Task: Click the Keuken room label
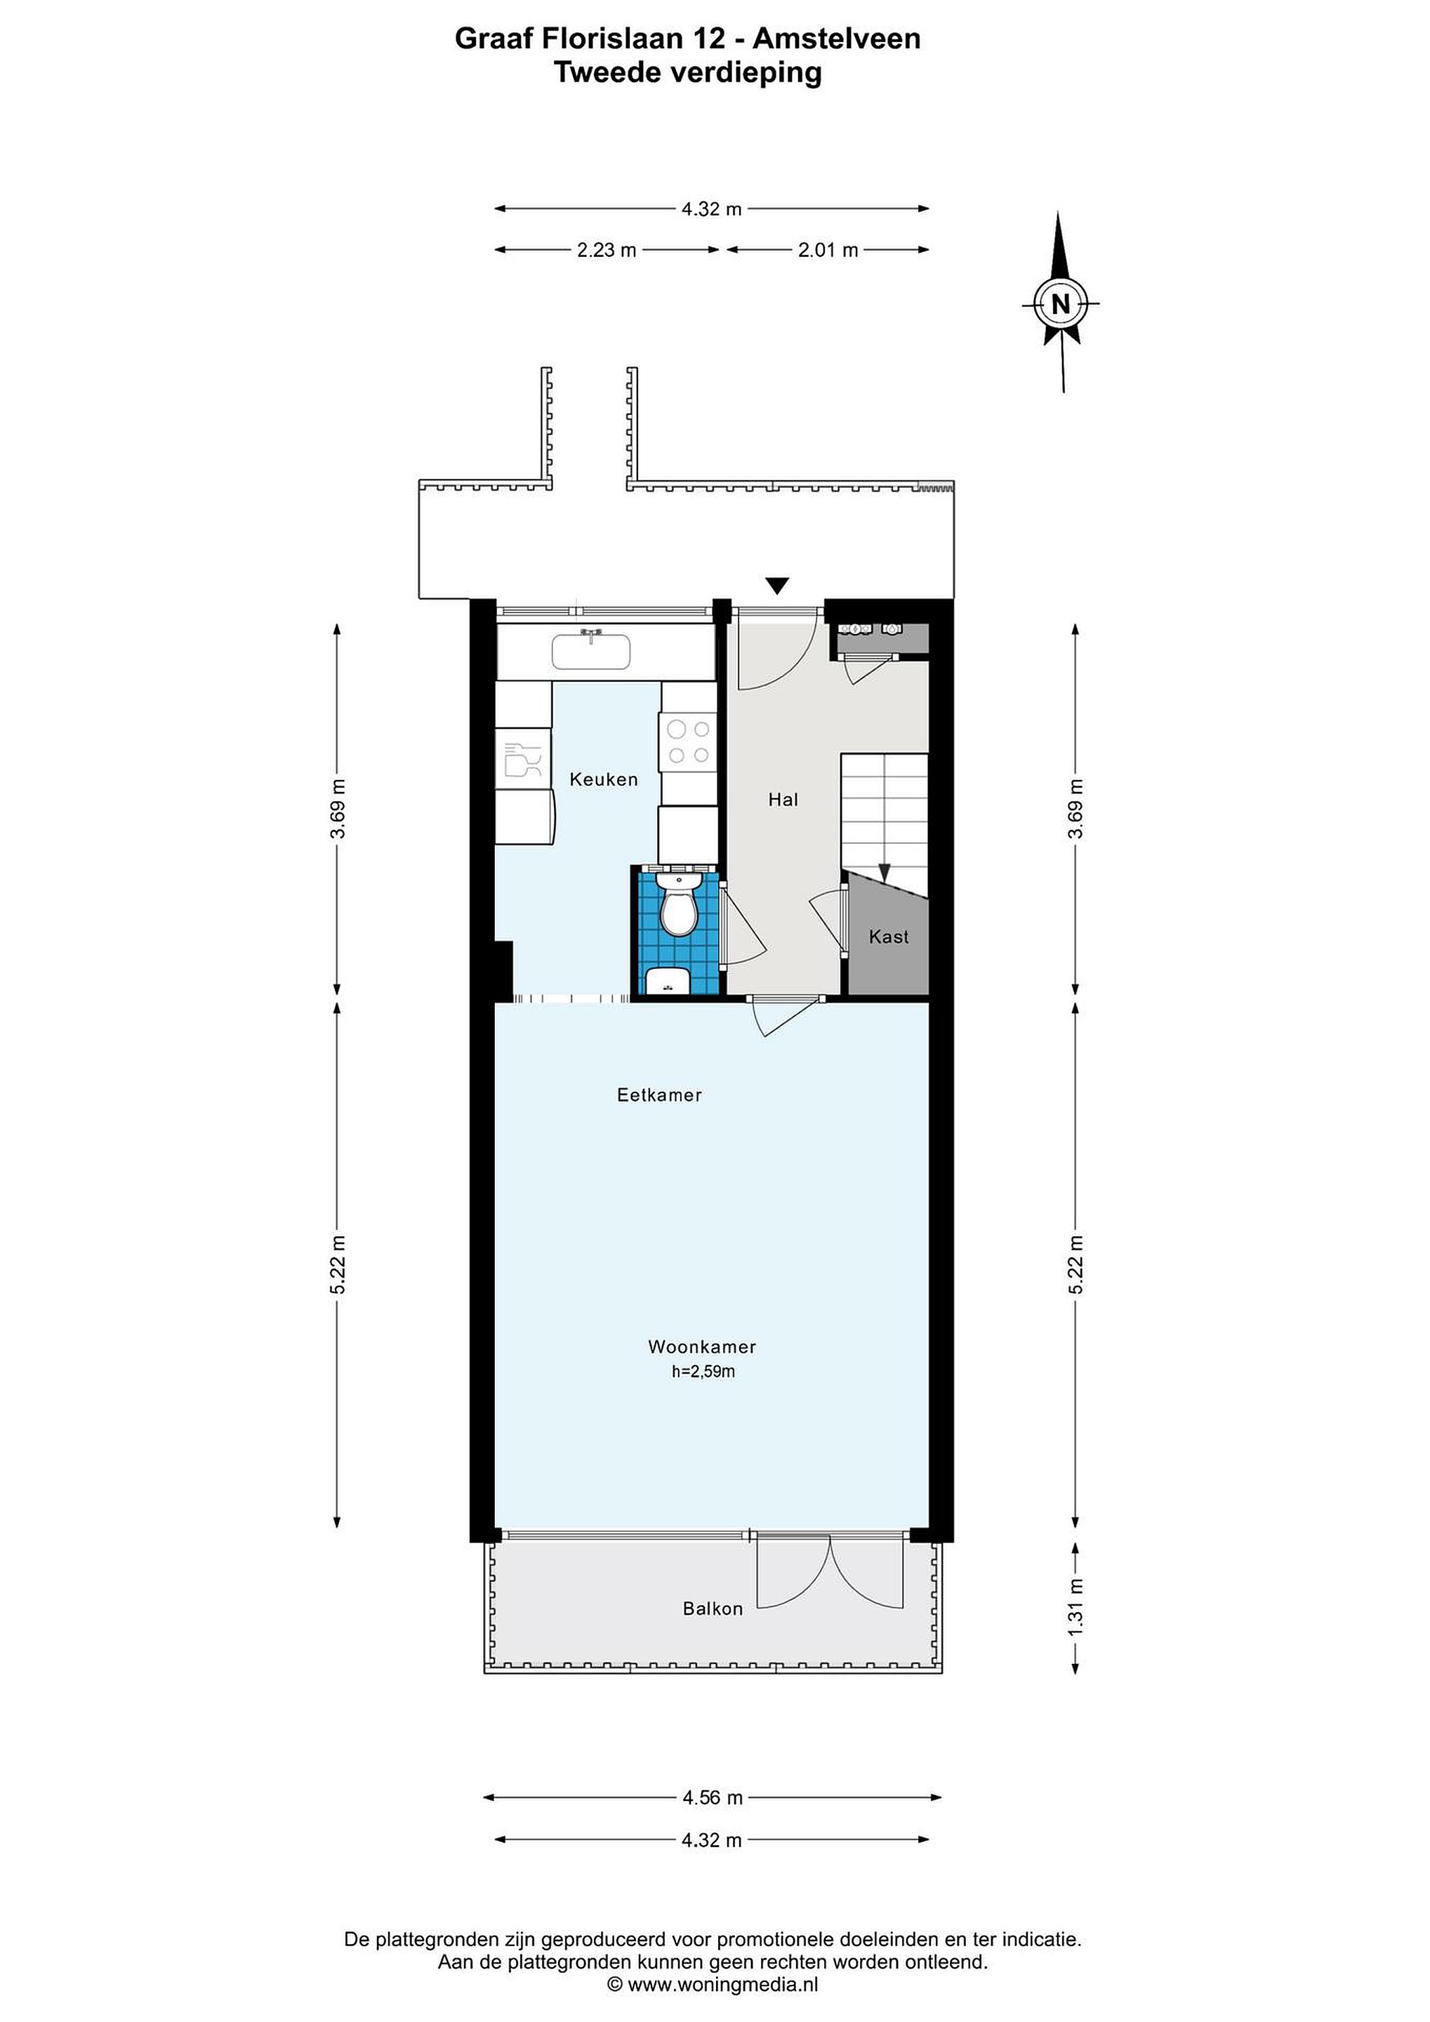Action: click(x=603, y=779)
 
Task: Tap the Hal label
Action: click(x=783, y=800)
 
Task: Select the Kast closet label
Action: click(x=889, y=937)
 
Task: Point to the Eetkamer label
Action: click(x=659, y=1095)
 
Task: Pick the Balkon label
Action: click(x=713, y=1609)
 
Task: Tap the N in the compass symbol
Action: click(x=1061, y=304)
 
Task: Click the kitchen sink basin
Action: click(x=592, y=652)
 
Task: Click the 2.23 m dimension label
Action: click(x=606, y=250)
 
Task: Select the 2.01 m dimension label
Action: click(x=828, y=250)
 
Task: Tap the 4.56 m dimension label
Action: click(x=713, y=1797)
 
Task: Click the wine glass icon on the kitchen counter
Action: click(x=522, y=759)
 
